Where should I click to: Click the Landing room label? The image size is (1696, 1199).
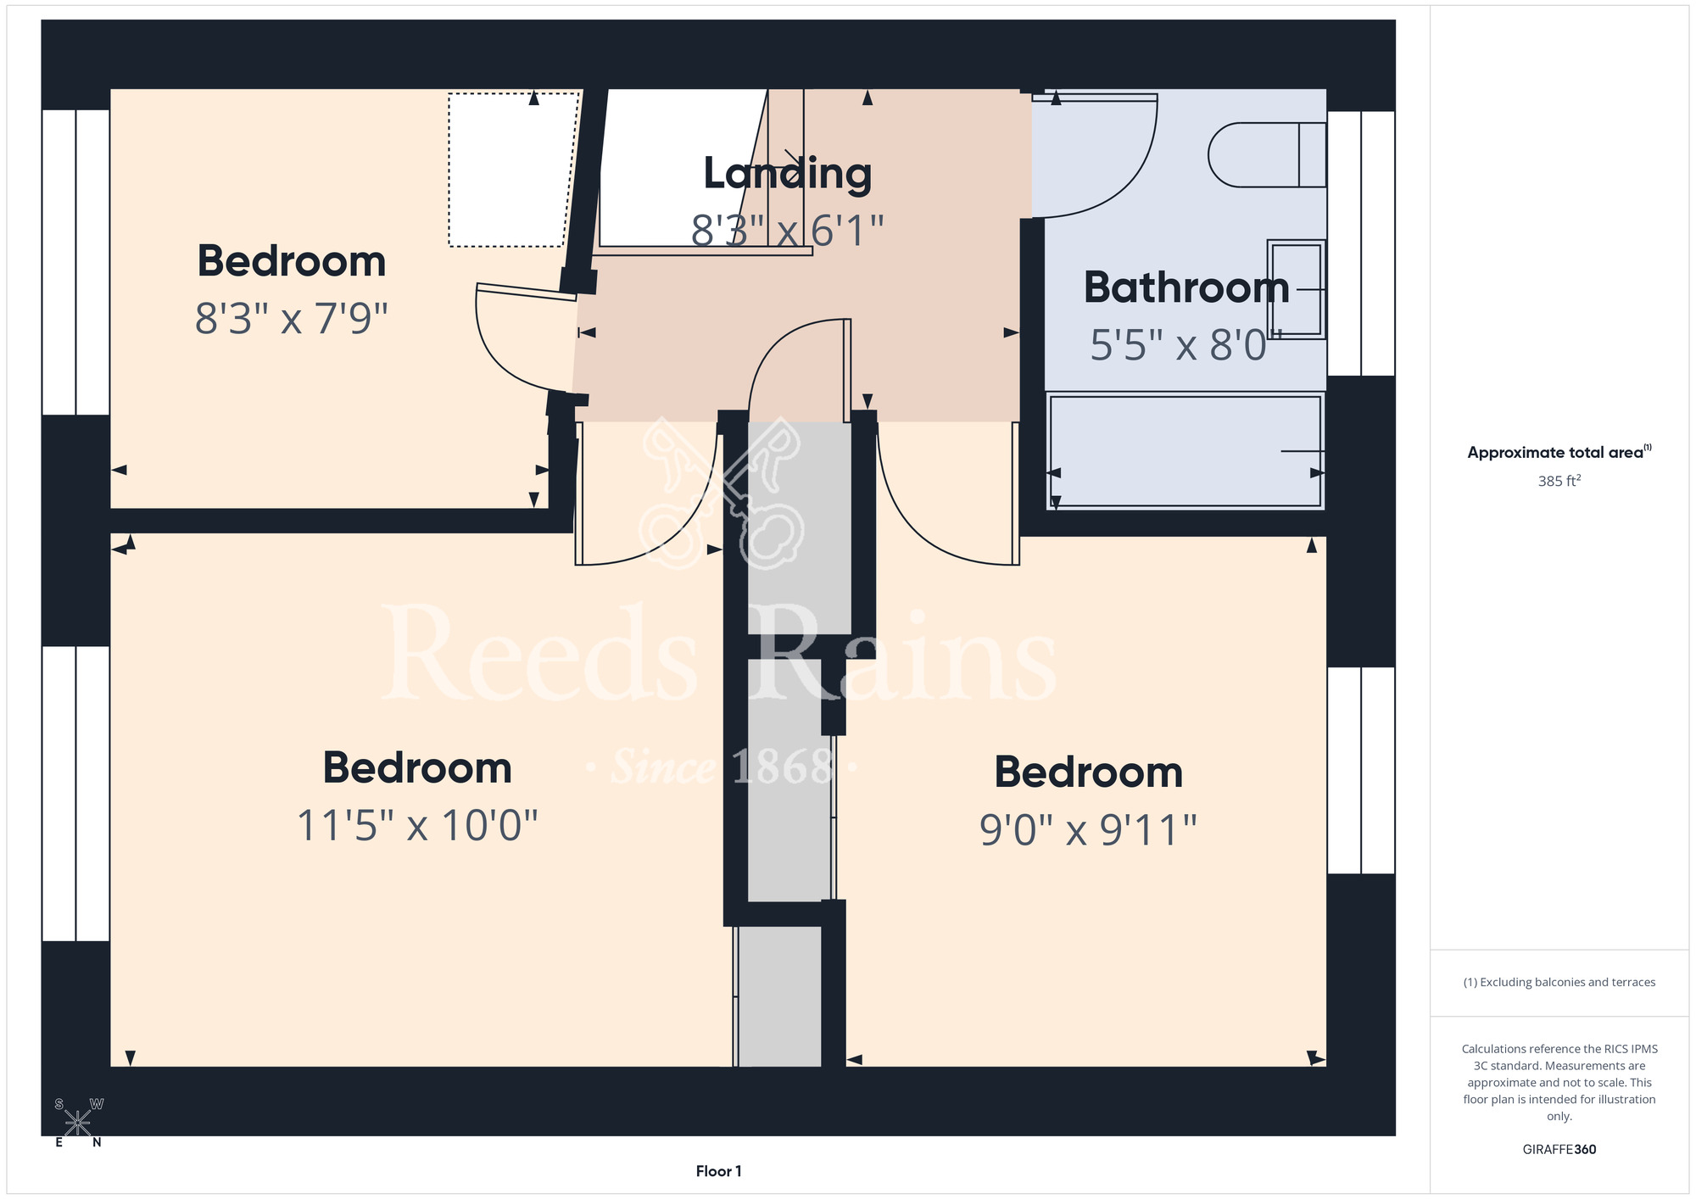pos(788,174)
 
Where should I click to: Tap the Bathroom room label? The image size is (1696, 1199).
pos(1186,287)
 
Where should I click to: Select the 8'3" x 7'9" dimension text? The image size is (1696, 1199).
pos(292,319)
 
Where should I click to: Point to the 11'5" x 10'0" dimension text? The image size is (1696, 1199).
pos(417,825)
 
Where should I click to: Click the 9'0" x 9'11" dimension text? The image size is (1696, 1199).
pos(1088,829)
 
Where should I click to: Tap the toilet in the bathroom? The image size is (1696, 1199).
pos(1267,155)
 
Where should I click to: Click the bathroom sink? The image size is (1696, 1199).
pos(1296,289)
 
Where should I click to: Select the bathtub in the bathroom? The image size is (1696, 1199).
pos(1186,450)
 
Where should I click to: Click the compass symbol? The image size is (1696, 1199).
pos(78,1123)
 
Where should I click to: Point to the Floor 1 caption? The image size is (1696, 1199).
pos(718,1171)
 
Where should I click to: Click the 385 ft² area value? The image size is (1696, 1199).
pos(1559,481)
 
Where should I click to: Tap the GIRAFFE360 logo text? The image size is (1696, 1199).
pos(1559,1150)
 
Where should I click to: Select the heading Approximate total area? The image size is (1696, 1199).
pos(1559,452)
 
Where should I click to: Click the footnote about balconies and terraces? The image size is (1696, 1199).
pos(1559,982)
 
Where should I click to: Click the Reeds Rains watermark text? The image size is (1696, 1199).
pos(719,653)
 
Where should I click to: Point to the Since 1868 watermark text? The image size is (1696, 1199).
pos(721,767)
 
